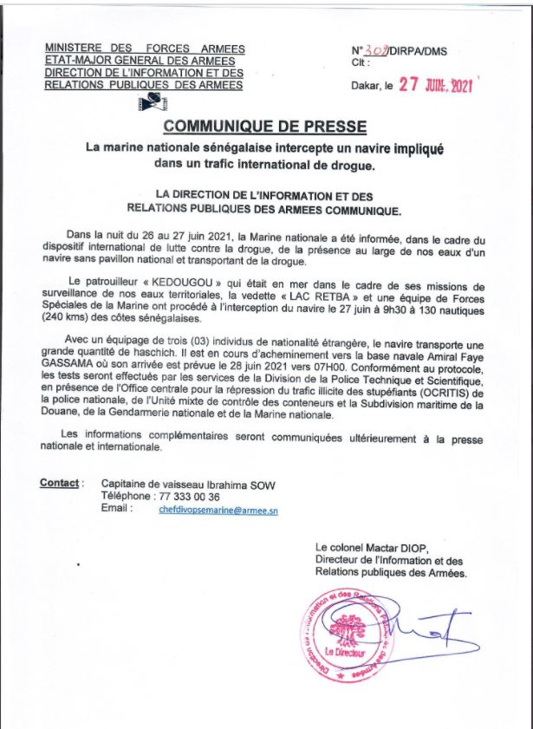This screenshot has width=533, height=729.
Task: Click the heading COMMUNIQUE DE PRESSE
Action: click(x=265, y=127)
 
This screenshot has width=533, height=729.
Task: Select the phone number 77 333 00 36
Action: click(x=185, y=497)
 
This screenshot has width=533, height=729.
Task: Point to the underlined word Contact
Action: click(x=61, y=483)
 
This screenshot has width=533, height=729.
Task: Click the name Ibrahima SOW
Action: click(x=231, y=483)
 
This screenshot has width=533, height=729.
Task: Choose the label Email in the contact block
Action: click(x=117, y=510)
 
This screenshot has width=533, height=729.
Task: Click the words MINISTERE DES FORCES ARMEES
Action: click(x=145, y=49)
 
